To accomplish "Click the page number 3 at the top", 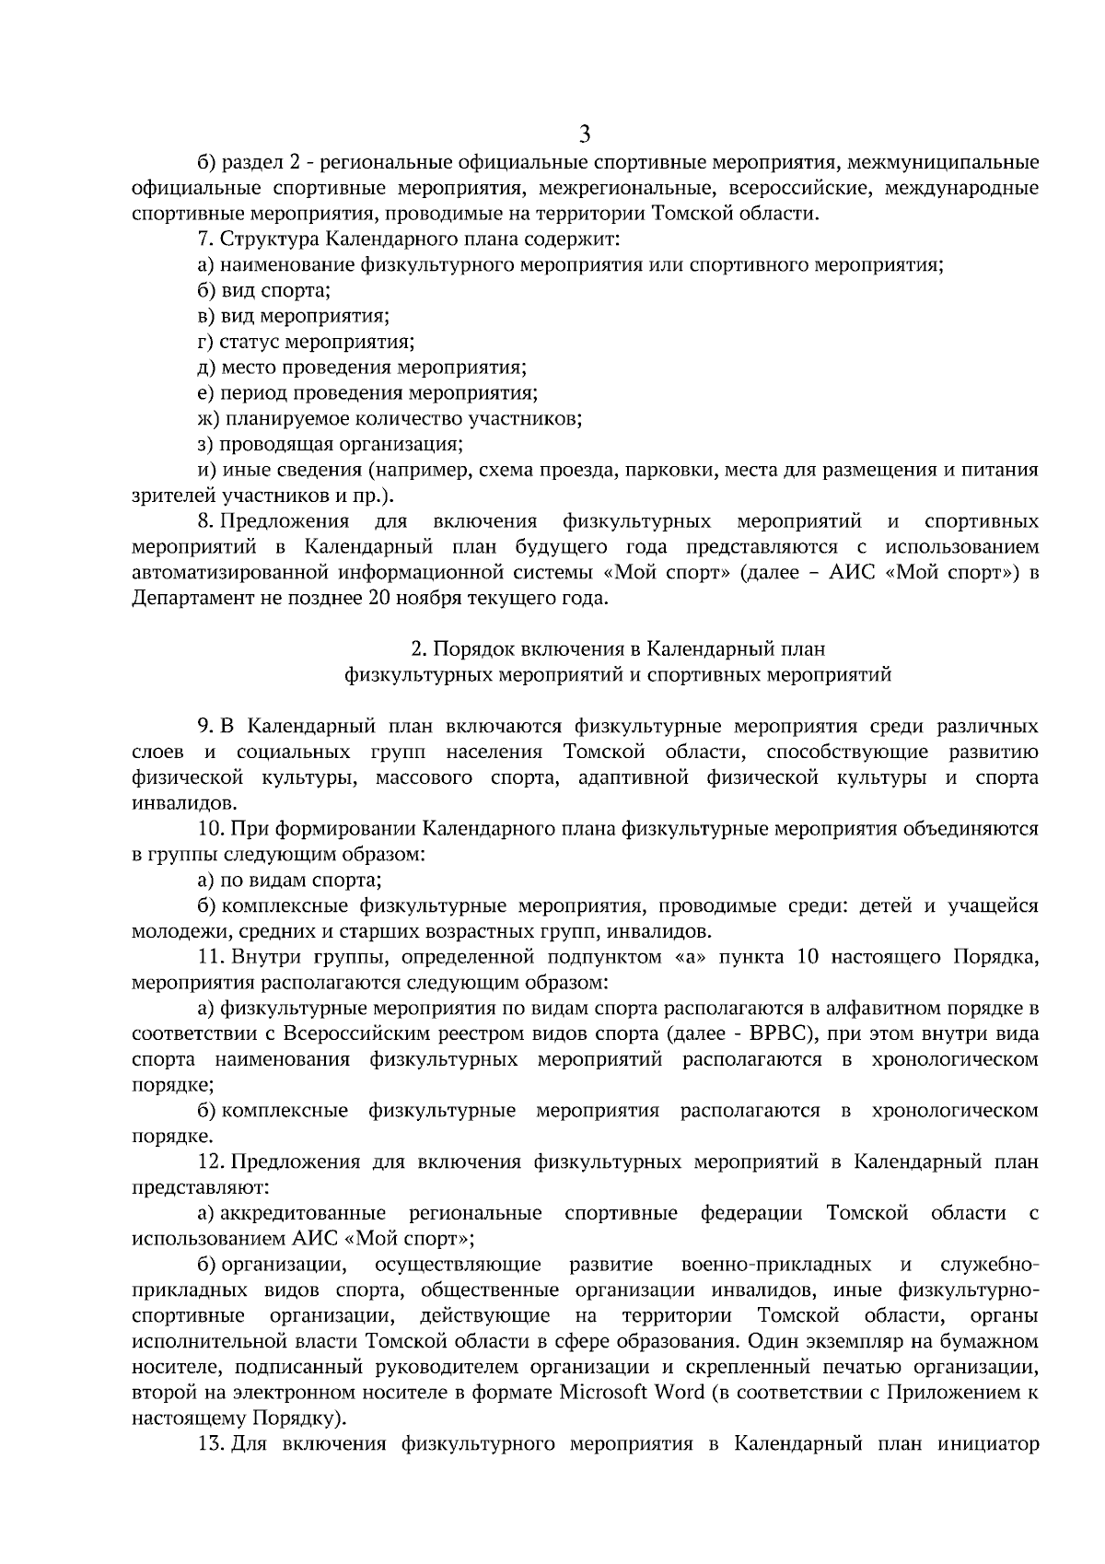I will click(585, 134).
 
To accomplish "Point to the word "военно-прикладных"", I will click(776, 1263).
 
